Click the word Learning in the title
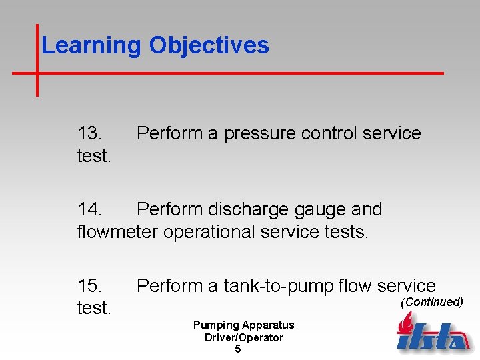(91, 46)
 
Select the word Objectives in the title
(209, 46)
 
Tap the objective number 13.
(90, 133)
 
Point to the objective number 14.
(90, 209)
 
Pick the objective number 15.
(90, 286)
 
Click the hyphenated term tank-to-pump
(278, 287)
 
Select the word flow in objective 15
(355, 286)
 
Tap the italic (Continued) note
(431, 302)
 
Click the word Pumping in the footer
(215, 325)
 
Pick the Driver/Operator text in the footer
(243, 337)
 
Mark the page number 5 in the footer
(238, 349)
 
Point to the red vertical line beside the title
(37, 60)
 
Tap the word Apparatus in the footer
(268, 325)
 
